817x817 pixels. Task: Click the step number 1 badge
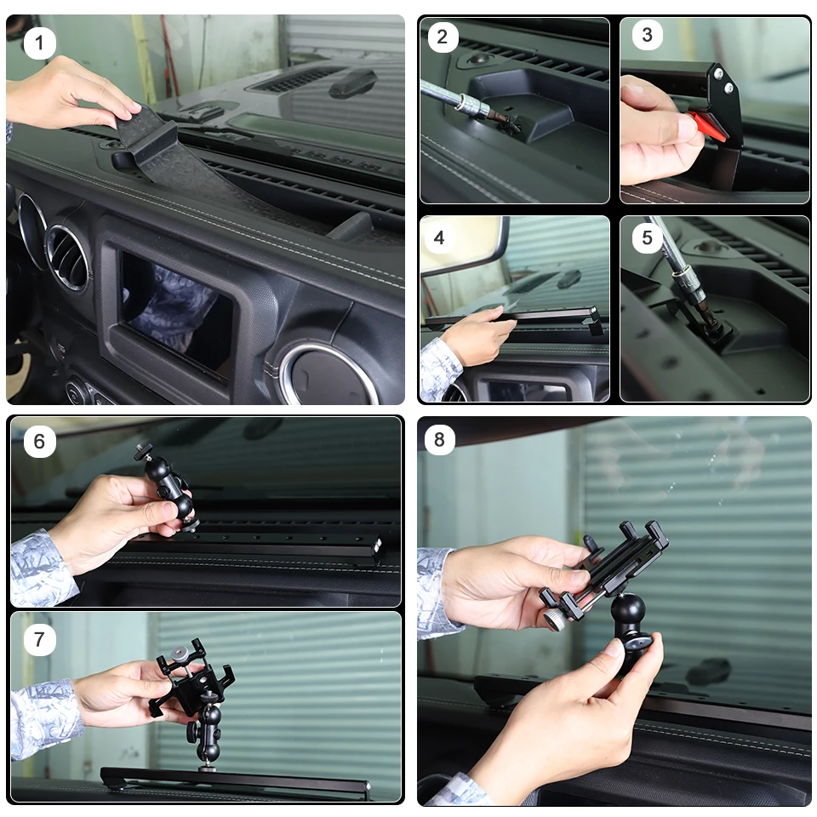pyautogui.click(x=40, y=43)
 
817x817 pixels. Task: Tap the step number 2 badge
pyautogui.click(x=443, y=37)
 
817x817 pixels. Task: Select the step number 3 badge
pyautogui.click(x=647, y=35)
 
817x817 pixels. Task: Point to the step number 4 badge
pyautogui.click(x=439, y=238)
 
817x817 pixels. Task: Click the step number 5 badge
pyautogui.click(x=647, y=238)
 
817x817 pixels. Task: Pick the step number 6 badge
pyautogui.click(x=40, y=442)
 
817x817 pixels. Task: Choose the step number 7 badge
pyautogui.click(x=40, y=639)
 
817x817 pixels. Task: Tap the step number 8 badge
pyautogui.click(x=439, y=439)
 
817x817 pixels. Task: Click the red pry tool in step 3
pyautogui.click(x=708, y=125)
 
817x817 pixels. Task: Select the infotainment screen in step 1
pyautogui.click(x=174, y=312)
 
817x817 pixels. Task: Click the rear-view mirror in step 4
pyautogui.click(x=464, y=245)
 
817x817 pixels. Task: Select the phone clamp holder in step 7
pyautogui.click(x=190, y=677)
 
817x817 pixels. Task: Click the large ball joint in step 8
pyautogui.click(x=628, y=608)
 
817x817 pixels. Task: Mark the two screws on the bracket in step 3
pyautogui.click(x=723, y=80)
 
